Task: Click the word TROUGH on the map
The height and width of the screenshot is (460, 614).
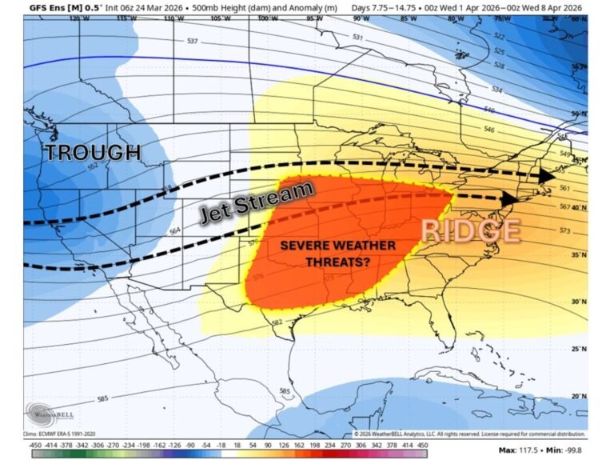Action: click(93, 152)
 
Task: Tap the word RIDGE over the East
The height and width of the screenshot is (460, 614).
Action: click(471, 230)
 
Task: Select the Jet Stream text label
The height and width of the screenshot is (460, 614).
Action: click(256, 202)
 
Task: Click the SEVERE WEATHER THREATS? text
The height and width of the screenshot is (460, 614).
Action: click(337, 252)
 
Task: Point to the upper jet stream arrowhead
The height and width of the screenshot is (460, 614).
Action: click(547, 174)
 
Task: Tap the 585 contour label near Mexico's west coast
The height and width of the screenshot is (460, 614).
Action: click(103, 398)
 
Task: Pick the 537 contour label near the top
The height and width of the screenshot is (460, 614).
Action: click(192, 41)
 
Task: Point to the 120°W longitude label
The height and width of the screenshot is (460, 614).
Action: click(76, 18)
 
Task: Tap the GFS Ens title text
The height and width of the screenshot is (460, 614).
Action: click(50, 7)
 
